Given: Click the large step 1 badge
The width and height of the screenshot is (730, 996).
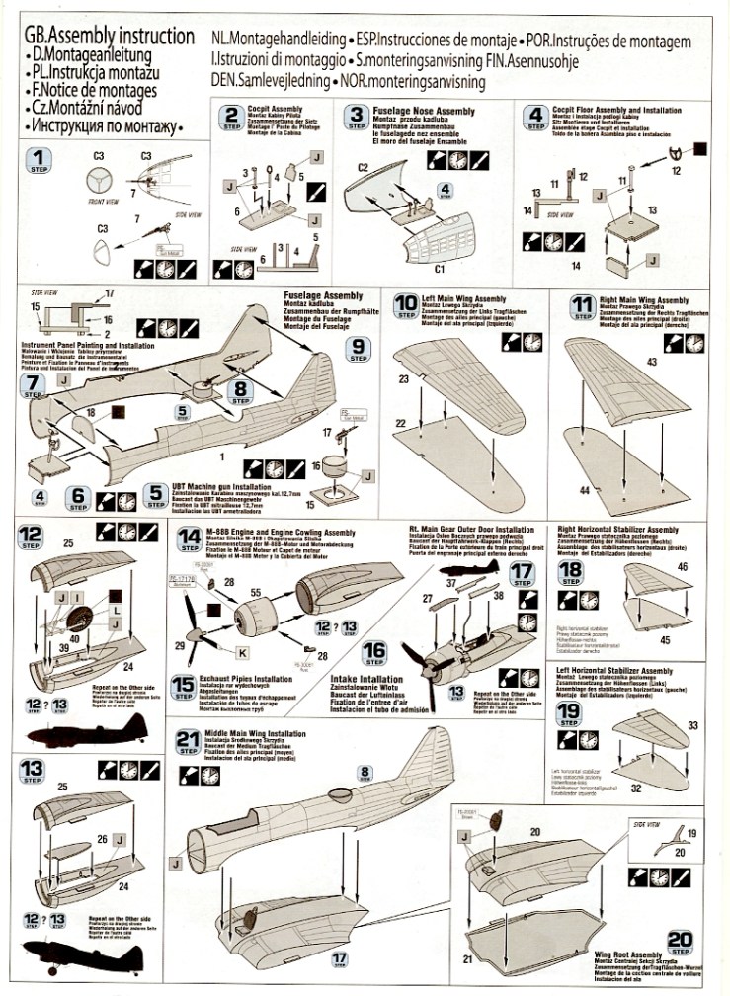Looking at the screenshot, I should (x=38, y=160).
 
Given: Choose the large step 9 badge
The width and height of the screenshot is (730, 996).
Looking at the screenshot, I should (x=361, y=346).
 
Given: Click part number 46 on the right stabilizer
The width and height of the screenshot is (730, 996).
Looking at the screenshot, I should (x=683, y=566).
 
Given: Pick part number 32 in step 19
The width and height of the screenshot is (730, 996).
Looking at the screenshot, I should (x=636, y=788).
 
